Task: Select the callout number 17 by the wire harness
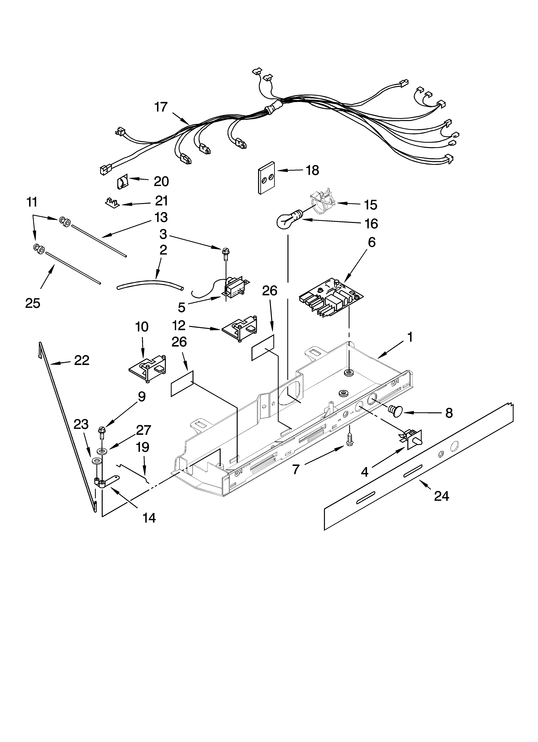point(161,107)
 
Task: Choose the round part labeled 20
point(122,182)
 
